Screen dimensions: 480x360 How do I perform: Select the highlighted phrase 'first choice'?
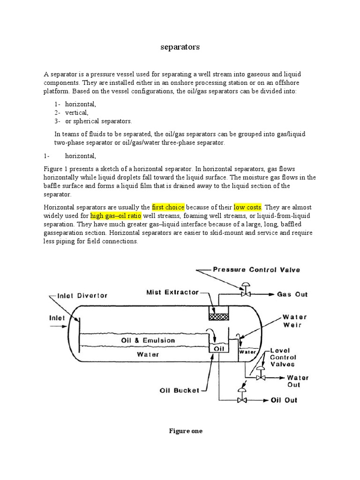pyautogui.click(x=168, y=207)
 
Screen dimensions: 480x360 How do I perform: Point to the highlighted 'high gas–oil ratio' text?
pyautogui.click(x=115, y=216)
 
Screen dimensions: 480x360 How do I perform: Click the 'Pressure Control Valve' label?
pyautogui.click(x=256, y=270)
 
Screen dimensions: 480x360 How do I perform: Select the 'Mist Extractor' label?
pyautogui.click(x=172, y=292)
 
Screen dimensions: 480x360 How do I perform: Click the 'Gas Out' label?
pyautogui.click(x=292, y=294)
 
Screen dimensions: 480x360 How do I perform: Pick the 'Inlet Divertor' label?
pyautogui.click(x=82, y=296)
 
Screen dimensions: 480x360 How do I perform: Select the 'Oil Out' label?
pyautogui.click(x=284, y=400)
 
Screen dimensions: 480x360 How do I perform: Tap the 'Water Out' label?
pyautogui.click(x=298, y=381)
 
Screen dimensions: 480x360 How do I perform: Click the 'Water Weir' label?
pyautogui.click(x=295, y=321)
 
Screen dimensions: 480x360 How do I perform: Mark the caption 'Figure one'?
pyautogui.click(x=186, y=431)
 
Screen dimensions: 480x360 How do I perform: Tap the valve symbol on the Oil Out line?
pyautogui.click(x=242, y=400)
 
